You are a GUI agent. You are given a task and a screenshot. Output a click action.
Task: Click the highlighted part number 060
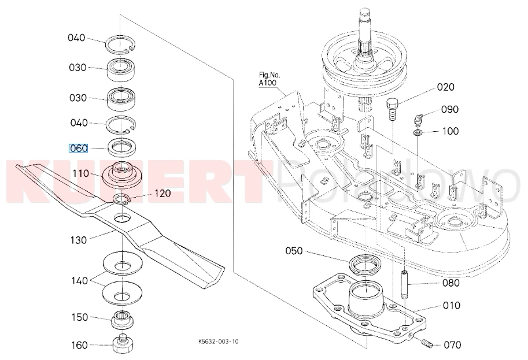78,149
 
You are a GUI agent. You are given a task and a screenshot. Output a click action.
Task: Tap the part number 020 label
445,87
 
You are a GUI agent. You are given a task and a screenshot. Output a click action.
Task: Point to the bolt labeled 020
392,107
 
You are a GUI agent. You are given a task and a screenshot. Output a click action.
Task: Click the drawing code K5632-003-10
218,342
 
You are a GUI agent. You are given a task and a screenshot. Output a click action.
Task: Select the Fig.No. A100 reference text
269,79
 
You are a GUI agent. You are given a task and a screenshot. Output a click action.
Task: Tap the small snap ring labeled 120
122,199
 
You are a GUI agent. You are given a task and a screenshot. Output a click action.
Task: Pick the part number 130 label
79,240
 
